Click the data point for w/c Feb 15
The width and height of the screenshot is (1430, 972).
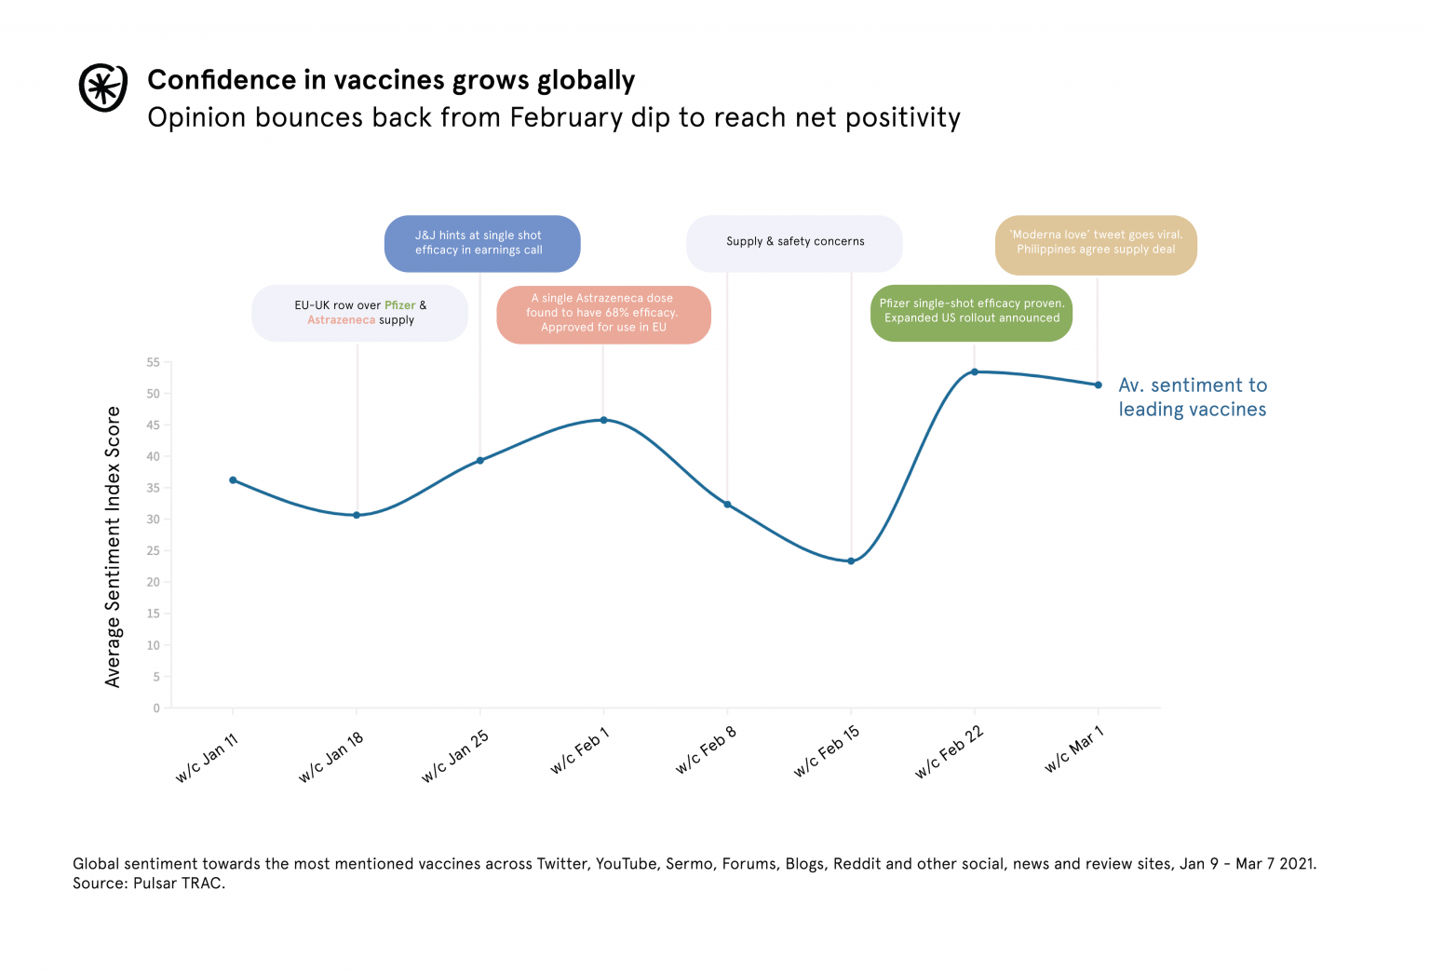tap(851, 561)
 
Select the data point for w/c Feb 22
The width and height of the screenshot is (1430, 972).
tap(975, 372)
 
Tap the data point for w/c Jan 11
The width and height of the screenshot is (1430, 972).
tap(233, 480)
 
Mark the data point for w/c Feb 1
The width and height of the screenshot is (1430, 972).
tap(603, 420)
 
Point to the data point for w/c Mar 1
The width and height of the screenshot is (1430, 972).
tap(1099, 385)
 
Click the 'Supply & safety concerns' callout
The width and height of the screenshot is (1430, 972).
tap(794, 242)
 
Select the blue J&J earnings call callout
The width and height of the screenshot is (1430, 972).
tap(481, 243)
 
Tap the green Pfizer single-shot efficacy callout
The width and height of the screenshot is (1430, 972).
tap(972, 312)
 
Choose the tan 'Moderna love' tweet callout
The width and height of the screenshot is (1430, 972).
tap(1096, 243)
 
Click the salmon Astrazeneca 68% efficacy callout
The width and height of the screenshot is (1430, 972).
tap(603, 314)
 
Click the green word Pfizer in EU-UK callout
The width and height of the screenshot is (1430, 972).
tap(400, 305)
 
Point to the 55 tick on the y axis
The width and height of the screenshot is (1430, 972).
tap(154, 362)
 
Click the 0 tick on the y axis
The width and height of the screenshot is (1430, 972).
tap(156, 709)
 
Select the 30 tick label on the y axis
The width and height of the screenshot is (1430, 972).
tap(154, 520)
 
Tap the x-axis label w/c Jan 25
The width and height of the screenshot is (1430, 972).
tap(455, 756)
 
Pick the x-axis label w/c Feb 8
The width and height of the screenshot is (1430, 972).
tap(707, 750)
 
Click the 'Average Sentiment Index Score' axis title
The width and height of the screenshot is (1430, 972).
tap(114, 547)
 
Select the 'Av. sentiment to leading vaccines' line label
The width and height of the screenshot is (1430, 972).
tap(1192, 398)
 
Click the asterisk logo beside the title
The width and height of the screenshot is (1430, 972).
tap(102, 88)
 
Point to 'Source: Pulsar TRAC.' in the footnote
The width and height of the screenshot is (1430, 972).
tap(149, 884)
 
